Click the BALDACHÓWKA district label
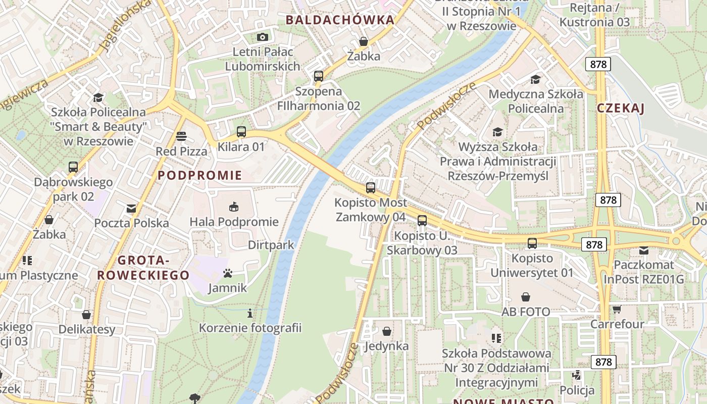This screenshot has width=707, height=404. pos(339,20)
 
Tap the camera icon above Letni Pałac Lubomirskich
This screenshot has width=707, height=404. pos(262,37)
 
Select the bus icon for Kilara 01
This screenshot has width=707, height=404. pos(241,132)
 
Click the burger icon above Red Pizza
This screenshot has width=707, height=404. pos(181,136)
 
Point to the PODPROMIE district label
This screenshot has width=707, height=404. pos(200,176)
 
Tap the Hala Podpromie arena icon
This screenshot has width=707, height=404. pos(234,207)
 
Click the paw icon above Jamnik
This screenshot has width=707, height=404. pos(228,273)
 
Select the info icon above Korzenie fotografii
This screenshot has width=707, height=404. pos(250,314)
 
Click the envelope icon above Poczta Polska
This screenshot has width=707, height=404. pos(131,208)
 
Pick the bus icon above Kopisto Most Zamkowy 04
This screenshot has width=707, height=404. pos(371,188)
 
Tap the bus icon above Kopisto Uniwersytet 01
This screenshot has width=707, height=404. pos(532,243)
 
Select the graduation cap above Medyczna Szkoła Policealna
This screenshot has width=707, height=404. pos(535,79)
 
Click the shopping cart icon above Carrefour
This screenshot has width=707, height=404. pos(617,309)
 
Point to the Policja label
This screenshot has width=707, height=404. pos(577,390)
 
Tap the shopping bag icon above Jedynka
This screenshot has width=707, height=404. pos(387,331)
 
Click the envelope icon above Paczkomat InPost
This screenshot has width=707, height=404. pos(644,250)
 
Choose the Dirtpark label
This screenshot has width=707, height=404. pos(271,245)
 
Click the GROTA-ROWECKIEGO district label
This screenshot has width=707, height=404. pos(143,268)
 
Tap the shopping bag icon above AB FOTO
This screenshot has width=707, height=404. pos(526,297)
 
